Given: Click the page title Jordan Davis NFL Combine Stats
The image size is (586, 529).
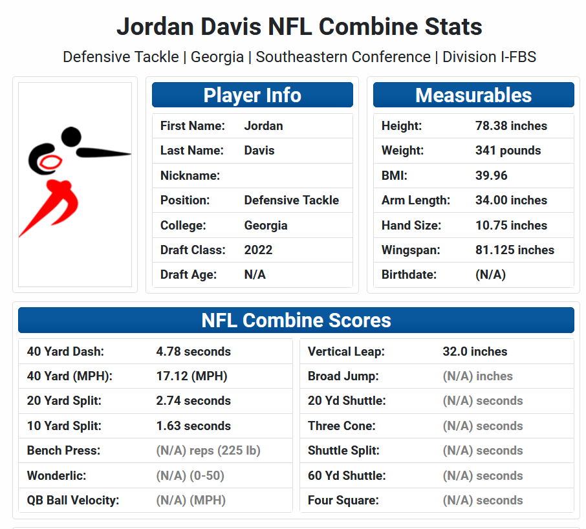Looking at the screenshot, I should tap(299, 27).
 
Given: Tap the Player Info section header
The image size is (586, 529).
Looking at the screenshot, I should tap(252, 95).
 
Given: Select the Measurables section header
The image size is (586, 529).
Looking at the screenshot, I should tap(473, 95).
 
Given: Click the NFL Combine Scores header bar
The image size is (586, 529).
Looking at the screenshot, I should tap(296, 320).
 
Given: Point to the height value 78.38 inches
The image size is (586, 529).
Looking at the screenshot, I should tap(511, 126).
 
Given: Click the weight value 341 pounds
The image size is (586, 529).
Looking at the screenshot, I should tap(508, 151).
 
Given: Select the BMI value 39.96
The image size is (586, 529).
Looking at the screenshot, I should tap(492, 175).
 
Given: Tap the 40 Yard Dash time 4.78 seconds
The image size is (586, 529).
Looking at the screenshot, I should tap(193, 352).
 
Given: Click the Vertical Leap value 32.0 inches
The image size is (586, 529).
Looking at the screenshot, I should tap(475, 352).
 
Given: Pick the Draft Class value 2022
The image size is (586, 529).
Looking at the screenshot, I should tap(258, 250).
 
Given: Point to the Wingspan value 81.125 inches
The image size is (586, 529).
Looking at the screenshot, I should tap(514, 250).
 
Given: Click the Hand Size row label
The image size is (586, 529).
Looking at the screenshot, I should tap(411, 226).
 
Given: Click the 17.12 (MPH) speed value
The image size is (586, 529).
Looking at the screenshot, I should tap(191, 376).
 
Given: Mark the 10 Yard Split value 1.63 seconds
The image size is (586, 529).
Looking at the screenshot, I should tap(193, 426).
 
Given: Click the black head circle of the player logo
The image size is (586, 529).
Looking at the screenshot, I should tap(72, 136).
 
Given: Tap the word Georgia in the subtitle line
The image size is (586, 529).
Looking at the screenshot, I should tap(217, 57).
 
